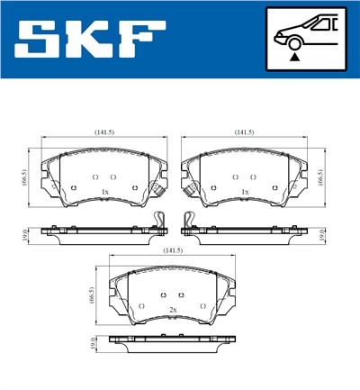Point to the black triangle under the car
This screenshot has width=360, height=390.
pyautogui.click(x=294, y=56)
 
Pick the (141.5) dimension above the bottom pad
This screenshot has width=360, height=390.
pyautogui.click(x=174, y=250)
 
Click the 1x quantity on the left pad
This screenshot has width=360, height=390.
pyautogui.click(x=105, y=193)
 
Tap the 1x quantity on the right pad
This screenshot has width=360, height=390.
pyautogui.click(x=245, y=193)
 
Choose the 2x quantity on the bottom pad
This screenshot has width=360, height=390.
pyautogui.click(x=172, y=310)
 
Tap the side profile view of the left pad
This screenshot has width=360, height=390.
pyautogui.click(x=99, y=233)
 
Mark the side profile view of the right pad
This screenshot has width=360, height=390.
pyautogui.click(x=247, y=233)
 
